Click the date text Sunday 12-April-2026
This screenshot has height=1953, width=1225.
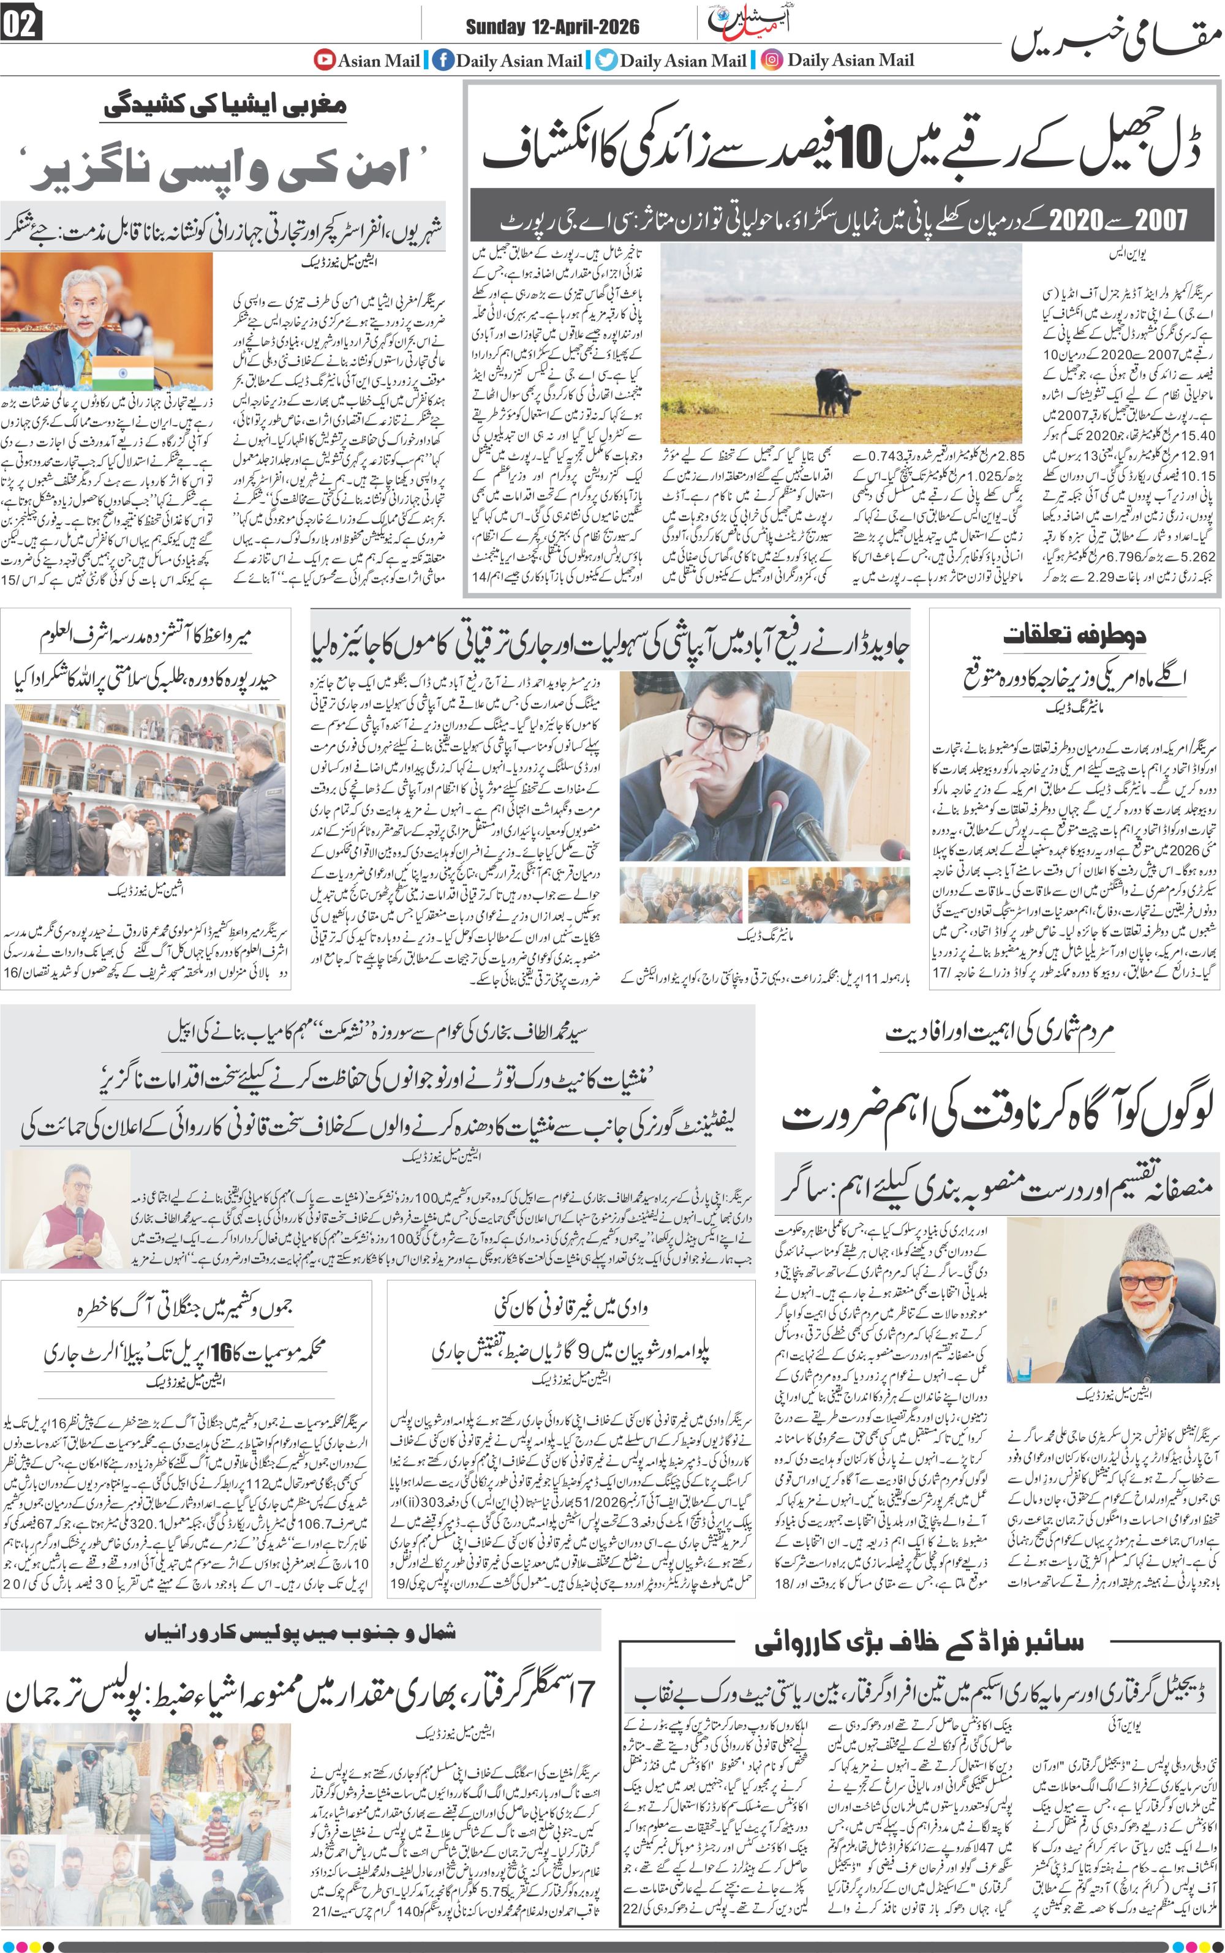(552, 27)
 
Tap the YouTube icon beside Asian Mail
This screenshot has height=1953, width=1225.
(325, 59)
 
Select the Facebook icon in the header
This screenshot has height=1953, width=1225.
(442, 60)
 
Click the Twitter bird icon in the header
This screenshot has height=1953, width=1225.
(606, 60)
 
